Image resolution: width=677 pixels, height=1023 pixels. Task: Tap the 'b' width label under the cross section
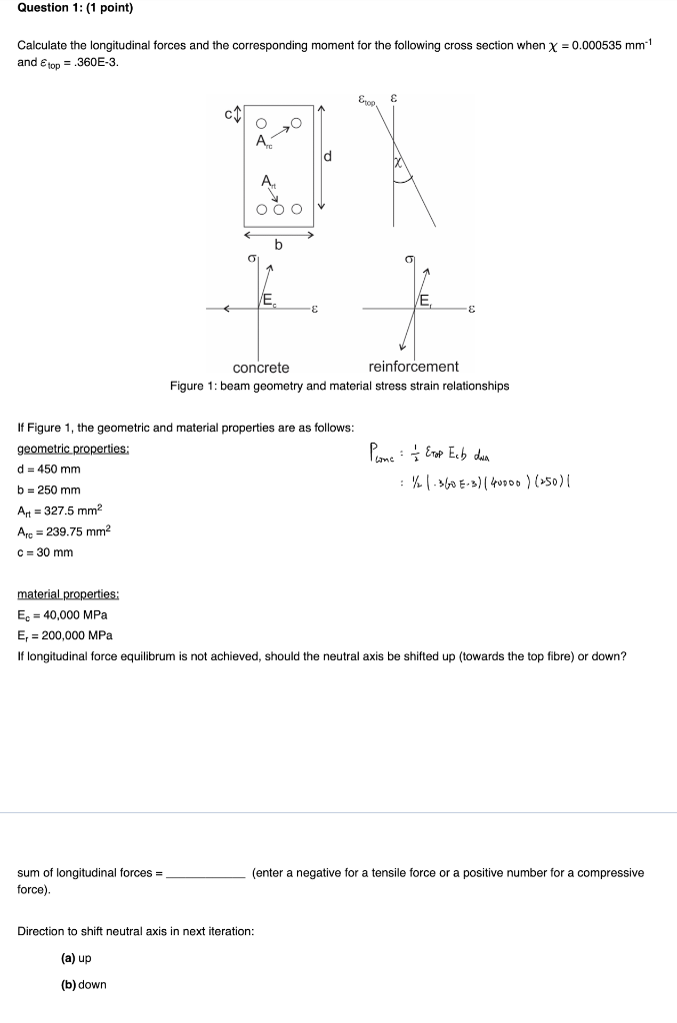point(279,245)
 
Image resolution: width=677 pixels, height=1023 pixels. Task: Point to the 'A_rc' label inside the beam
point(264,142)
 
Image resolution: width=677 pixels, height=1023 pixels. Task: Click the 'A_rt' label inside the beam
point(266,182)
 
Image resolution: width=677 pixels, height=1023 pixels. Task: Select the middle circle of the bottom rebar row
point(279,209)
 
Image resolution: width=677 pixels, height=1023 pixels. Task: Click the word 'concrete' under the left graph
point(261,368)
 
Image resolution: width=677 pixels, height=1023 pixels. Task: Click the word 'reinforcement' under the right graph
point(413,368)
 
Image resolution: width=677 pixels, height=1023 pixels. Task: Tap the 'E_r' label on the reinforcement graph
point(426,300)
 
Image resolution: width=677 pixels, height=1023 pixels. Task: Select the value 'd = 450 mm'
point(49,470)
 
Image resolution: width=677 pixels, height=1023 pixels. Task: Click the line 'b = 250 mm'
point(49,491)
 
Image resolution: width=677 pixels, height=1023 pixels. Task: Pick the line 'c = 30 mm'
point(45,552)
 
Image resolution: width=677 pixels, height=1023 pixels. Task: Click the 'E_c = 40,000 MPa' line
point(63,614)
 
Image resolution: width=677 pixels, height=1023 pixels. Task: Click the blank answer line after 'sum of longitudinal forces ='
point(205,873)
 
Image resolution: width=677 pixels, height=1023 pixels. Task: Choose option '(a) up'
point(77,958)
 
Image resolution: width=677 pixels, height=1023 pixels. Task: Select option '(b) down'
point(84,985)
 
